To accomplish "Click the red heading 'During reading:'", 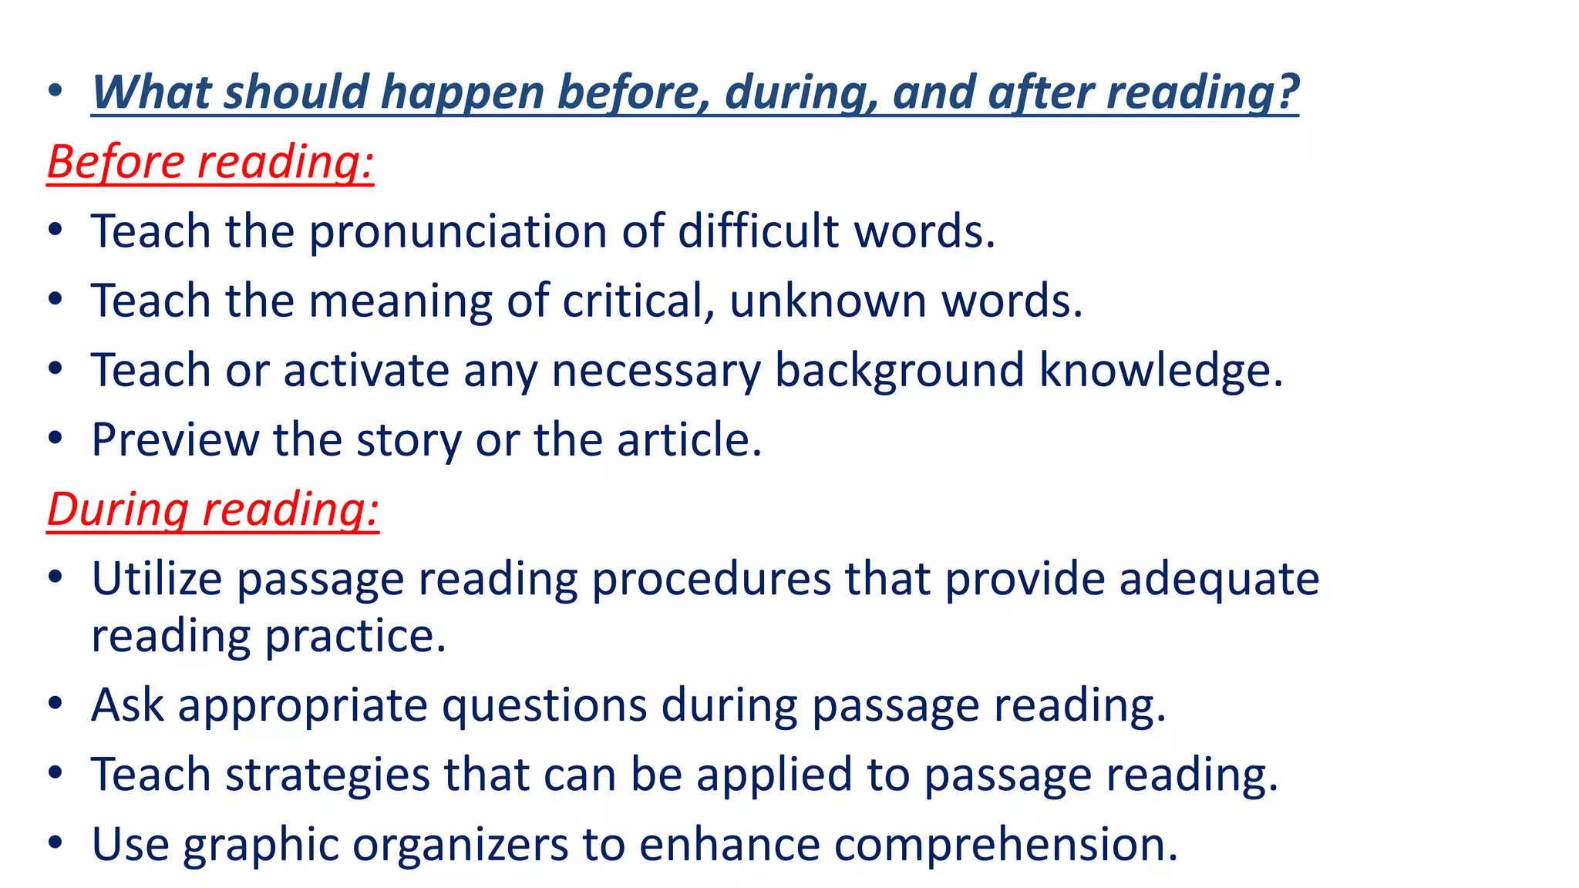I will (213, 510).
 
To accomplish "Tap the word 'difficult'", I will (758, 231).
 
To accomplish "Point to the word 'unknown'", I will (828, 301).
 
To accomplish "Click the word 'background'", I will (900, 371).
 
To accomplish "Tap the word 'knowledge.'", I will (1161, 370).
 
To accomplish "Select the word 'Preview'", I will (175, 440).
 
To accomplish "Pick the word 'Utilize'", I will (157, 579).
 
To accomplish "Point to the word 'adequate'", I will (1219, 580).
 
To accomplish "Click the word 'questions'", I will (544, 705).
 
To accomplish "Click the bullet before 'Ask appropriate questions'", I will (55, 705).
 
